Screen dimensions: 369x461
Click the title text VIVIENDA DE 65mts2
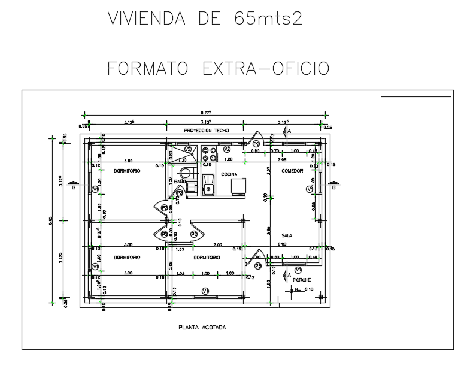point(205,19)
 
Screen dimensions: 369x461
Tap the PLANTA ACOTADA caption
point(202,328)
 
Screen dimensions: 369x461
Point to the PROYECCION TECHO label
point(206,130)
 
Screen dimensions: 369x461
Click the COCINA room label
point(229,174)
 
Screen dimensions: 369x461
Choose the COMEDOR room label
point(292,171)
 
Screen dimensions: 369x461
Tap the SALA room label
point(287,235)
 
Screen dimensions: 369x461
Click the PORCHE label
point(302,280)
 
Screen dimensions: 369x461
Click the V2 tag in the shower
point(188,149)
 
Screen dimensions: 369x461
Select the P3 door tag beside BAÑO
point(180,193)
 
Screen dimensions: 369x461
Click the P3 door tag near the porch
point(257,265)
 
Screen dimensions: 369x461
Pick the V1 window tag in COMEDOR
point(310,189)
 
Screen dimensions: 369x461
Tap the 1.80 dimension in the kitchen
point(228,160)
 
